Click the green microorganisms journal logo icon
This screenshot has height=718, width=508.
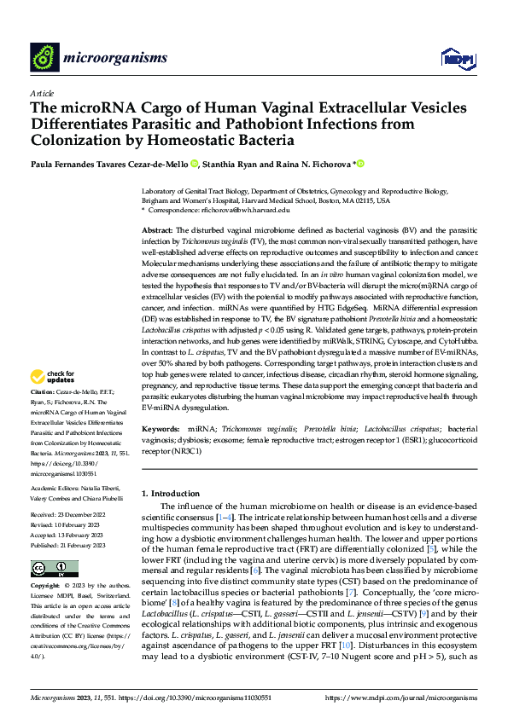[x=44, y=57]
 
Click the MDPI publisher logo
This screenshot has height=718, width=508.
[x=457, y=58]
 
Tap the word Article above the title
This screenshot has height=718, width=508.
[x=41, y=93]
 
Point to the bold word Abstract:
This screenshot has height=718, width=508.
[x=156, y=231]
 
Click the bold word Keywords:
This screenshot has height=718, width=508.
[x=161, y=428]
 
